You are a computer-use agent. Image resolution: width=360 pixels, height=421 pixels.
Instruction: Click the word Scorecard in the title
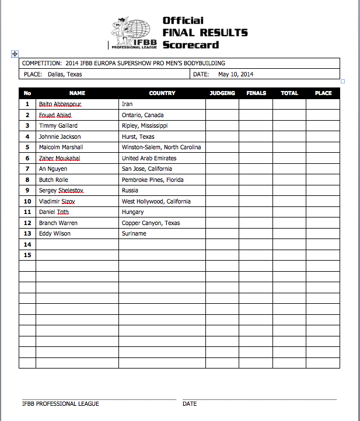pos(191,44)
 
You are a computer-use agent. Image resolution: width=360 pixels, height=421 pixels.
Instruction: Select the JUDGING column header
pos(222,93)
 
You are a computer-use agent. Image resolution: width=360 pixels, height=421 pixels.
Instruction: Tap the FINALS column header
pos(256,93)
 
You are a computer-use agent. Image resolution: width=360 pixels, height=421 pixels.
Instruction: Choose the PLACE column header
pos(323,93)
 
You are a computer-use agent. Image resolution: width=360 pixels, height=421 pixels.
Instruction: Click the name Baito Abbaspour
pos(60,104)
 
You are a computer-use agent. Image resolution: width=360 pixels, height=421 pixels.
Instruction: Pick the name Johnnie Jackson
pos(60,136)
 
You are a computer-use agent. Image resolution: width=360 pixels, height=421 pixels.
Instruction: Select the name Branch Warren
pos(58,223)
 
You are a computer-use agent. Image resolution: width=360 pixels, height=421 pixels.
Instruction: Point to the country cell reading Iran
pos(127,104)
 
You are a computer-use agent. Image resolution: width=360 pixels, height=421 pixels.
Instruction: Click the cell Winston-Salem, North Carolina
pos(161,148)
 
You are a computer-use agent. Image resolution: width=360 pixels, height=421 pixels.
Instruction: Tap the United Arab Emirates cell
pos(149,158)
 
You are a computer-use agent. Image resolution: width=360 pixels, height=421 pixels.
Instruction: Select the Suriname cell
pos(134,234)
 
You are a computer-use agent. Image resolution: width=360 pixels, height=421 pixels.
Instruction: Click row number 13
pos(27,234)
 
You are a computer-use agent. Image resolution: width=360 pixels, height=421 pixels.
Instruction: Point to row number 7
pos(27,169)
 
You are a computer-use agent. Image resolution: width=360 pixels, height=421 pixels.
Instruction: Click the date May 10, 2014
pos(236,75)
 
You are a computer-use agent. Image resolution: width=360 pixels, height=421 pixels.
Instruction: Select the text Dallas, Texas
pos(61,75)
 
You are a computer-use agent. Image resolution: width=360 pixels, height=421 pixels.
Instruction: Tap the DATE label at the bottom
pos(190,404)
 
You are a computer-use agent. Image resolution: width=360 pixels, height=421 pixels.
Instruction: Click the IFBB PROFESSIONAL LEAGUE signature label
pos(61,404)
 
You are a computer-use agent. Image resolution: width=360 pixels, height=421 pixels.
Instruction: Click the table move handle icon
pos(15,54)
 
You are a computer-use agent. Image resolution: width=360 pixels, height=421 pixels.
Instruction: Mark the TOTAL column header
pos(289,93)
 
